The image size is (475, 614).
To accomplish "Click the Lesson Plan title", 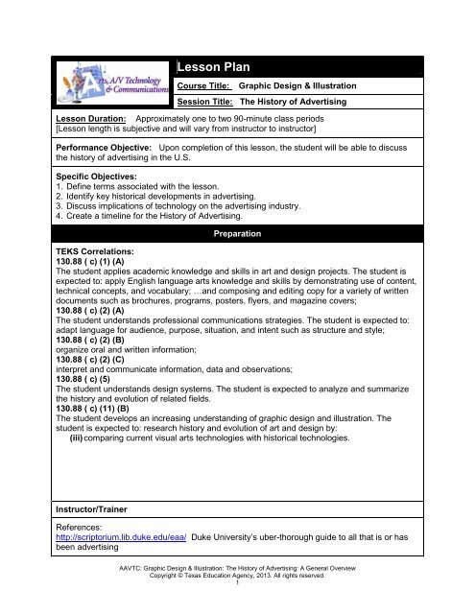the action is tap(217, 68).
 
